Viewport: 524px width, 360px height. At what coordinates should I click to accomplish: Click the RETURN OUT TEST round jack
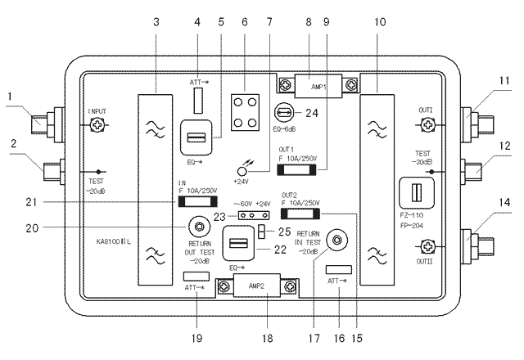196,227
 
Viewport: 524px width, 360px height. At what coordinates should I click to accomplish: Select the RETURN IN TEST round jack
334,241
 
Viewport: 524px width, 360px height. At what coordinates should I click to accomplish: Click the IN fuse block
198,202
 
